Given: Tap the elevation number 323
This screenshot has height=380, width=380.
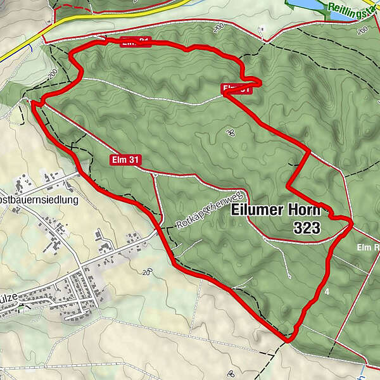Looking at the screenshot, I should tap(307, 228).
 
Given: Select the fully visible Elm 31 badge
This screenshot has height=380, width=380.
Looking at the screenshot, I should tap(124, 160).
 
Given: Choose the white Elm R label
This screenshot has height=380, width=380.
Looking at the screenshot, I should tap(367, 246).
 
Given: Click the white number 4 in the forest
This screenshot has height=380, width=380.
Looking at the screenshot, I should tap(327, 291).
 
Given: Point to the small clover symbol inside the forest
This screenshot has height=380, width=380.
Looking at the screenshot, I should tap(230, 132).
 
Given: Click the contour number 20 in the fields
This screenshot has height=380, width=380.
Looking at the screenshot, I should tap(148, 273).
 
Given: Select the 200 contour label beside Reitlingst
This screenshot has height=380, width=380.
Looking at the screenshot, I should tap(362, 29).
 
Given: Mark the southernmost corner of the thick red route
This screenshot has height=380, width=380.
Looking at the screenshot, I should tap(288, 341).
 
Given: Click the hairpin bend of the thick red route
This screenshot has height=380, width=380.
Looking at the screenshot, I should tap(258, 80).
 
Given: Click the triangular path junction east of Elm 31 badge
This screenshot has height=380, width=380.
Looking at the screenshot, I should tap(154, 174).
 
